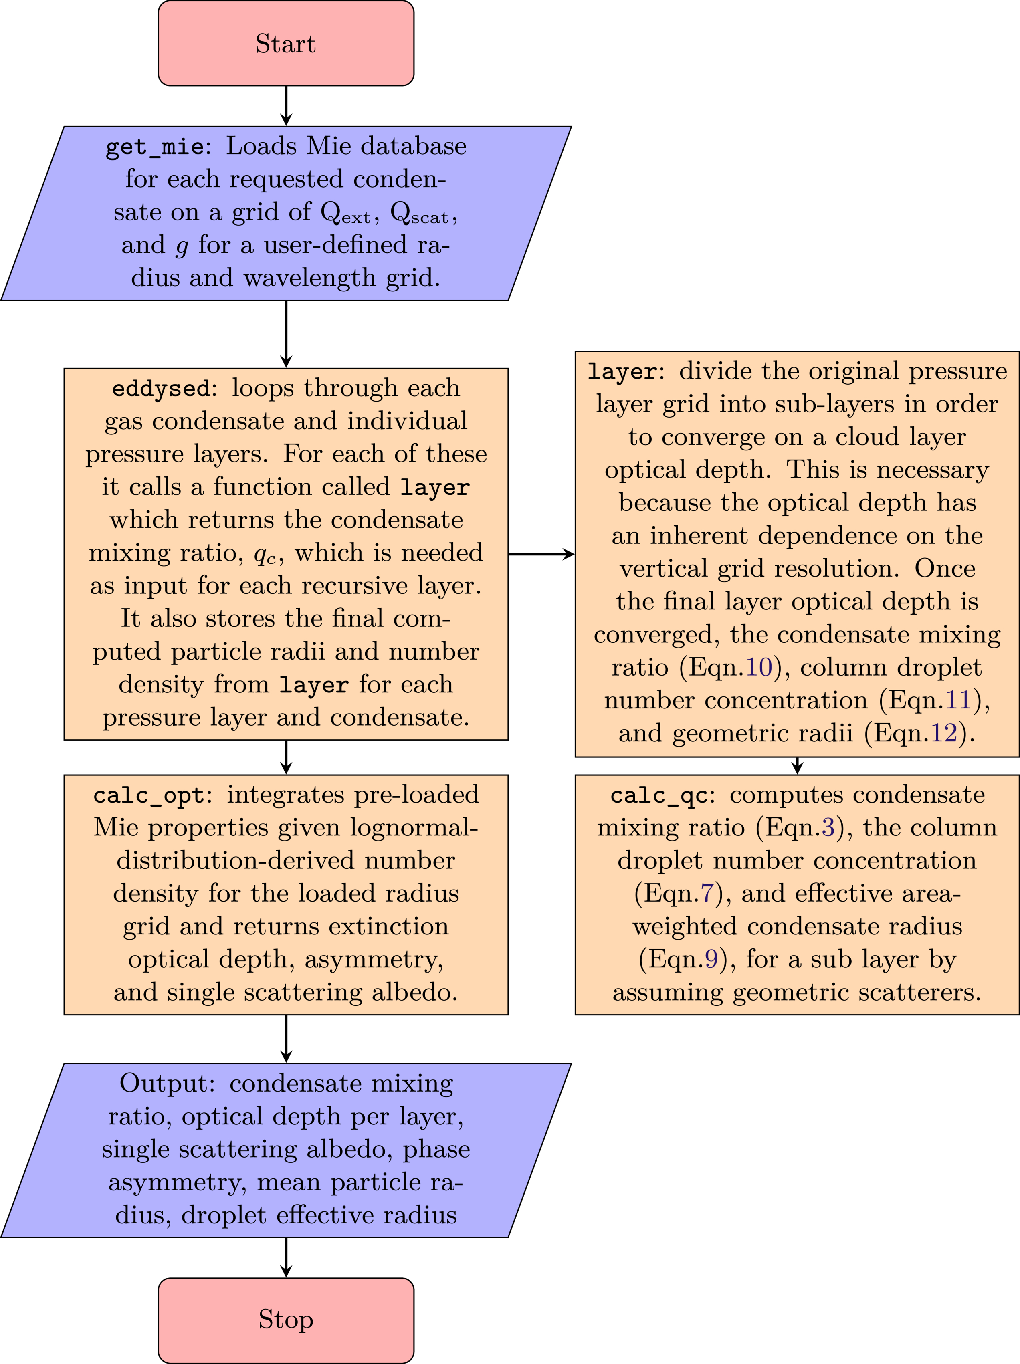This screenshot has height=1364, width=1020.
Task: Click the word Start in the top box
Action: coord(285,44)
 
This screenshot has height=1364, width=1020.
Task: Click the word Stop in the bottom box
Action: coord(285,1319)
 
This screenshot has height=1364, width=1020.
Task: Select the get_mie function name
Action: coord(154,147)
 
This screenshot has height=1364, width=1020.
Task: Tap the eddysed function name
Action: coord(162,388)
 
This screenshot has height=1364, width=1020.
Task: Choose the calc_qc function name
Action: coord(658,795)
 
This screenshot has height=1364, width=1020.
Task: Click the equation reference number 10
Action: coord(759,667)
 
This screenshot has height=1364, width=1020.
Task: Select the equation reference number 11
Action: coord(958,700)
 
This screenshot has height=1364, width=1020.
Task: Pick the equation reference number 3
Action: coord(828,827)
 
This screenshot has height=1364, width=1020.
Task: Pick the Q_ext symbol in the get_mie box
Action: coord(346,213)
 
